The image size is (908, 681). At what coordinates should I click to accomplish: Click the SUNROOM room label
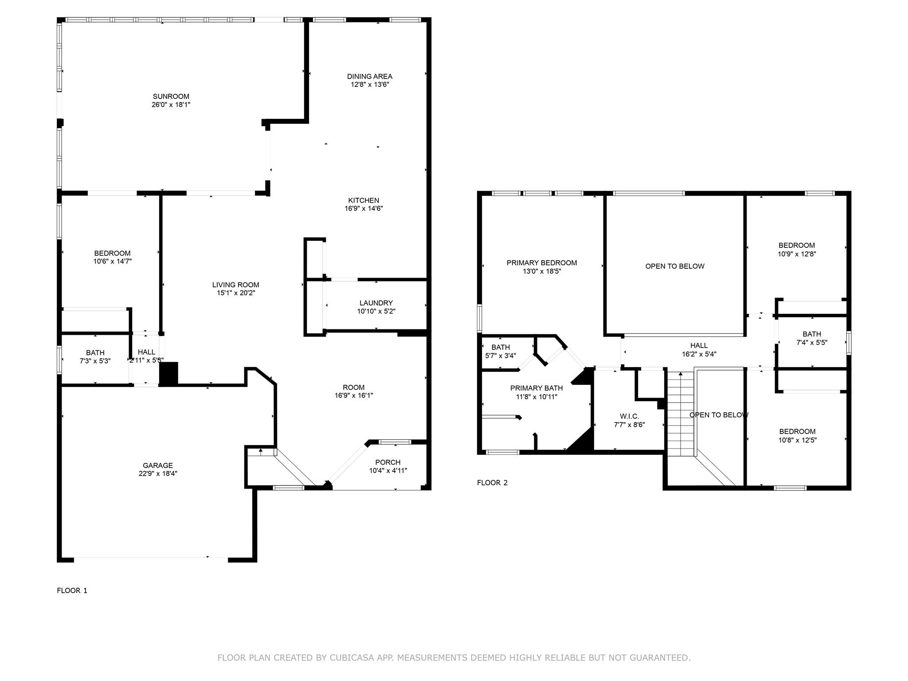point(171,96)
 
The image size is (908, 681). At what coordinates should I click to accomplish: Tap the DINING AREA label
point(369,76)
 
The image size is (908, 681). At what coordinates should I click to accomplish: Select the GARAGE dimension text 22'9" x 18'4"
point(158,474)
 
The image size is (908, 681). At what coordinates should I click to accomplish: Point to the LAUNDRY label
point(376,303)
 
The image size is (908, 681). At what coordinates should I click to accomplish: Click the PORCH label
point(387,462)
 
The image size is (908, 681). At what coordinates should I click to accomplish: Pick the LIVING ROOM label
point(235,285)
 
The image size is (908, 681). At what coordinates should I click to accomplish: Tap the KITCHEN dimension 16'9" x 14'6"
point(364,208)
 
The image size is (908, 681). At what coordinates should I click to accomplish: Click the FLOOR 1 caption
point(72,591)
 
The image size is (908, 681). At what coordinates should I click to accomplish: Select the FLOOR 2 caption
point(492,483)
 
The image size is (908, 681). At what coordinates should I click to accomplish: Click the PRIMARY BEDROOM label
point(542,263)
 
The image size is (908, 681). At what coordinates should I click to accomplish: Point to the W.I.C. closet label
point(629,416)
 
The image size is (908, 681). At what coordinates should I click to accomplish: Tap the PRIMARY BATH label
point(536,388)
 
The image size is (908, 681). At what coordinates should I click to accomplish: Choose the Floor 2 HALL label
point(699,345)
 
